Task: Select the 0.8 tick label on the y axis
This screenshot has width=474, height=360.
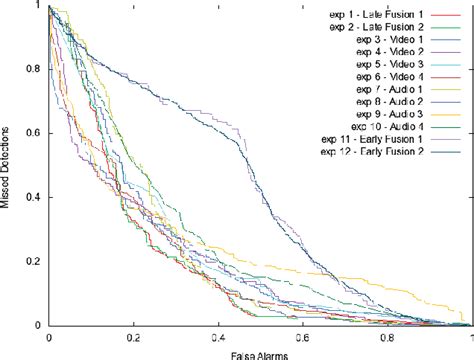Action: (x=34, y=69)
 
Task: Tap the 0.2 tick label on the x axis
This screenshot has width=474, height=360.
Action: (x=132, y=337)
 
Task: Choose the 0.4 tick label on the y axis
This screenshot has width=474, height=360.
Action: (x=34, y=197)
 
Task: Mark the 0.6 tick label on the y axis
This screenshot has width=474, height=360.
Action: (x=34, y=133)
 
